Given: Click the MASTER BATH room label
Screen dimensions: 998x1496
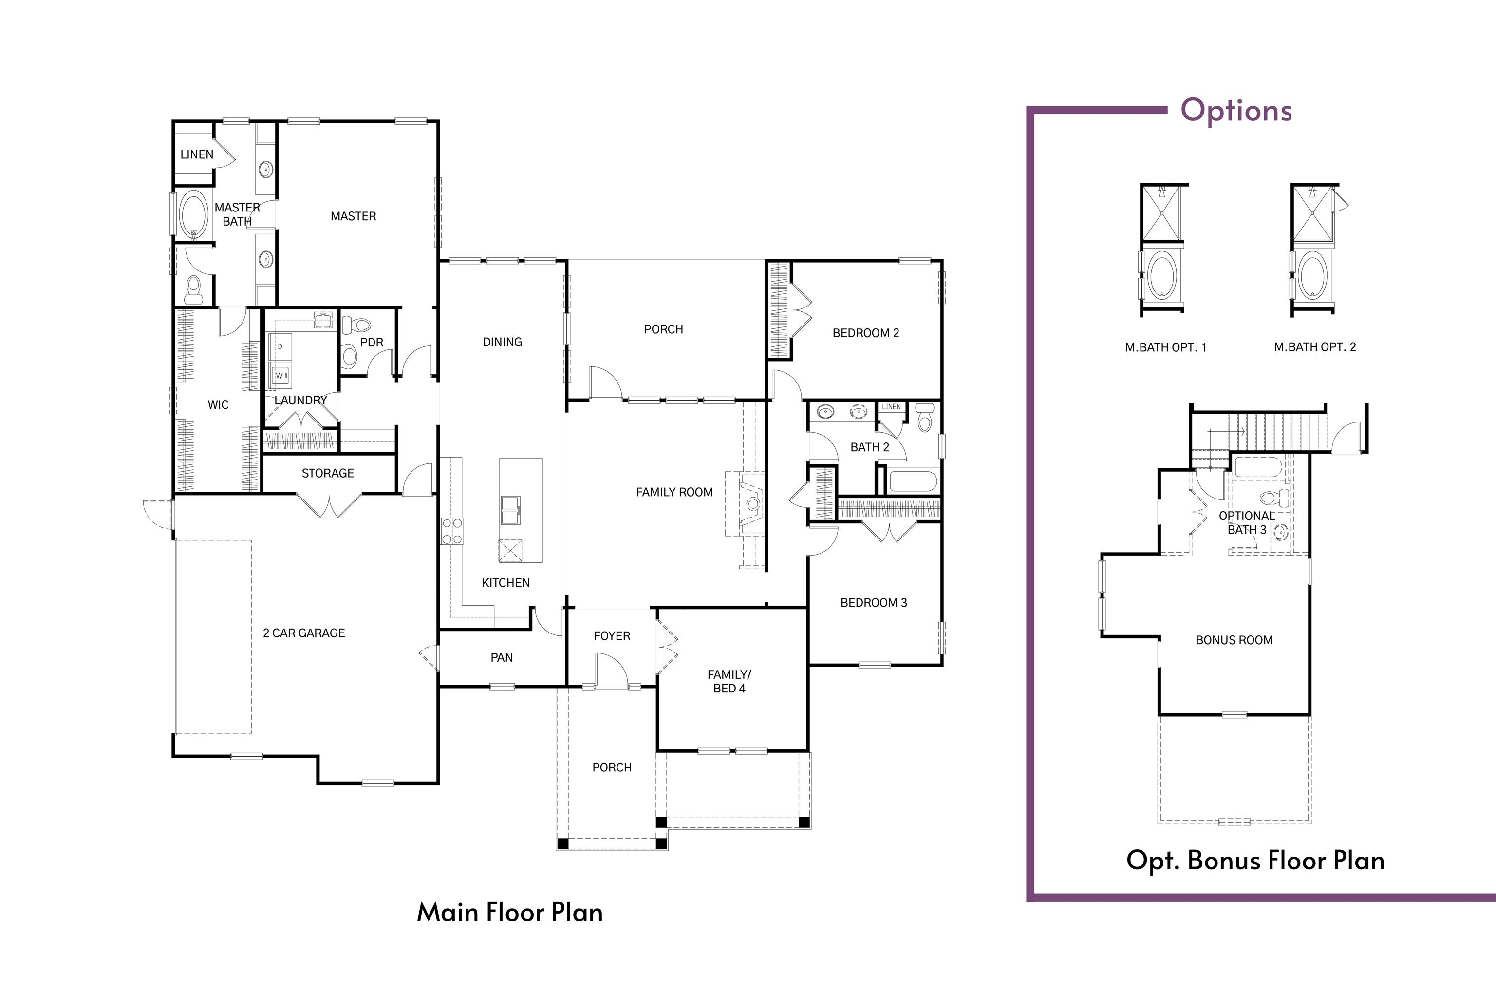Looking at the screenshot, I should click(237, 214).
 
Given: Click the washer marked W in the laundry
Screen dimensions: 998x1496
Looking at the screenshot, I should click(281, 376).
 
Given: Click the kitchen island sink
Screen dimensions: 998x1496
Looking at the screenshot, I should click(511, 509).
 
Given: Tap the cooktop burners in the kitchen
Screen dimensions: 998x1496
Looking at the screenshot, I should click(452, 531).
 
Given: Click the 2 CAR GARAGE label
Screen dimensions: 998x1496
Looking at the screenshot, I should click(304, 633).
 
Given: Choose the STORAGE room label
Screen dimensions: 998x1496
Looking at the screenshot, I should click(328, 473).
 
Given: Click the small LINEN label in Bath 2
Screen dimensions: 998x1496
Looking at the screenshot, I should click(891, 407).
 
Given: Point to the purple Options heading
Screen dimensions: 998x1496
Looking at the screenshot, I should click(1236, 110).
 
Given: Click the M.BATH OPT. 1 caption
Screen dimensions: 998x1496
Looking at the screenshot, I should click(1165, 347).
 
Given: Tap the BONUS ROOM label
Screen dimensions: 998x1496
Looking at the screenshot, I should click(1234, 640).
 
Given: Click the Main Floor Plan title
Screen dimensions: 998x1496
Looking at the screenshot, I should click(509, 912).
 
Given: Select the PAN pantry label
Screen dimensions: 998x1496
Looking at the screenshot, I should click(501, 657).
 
